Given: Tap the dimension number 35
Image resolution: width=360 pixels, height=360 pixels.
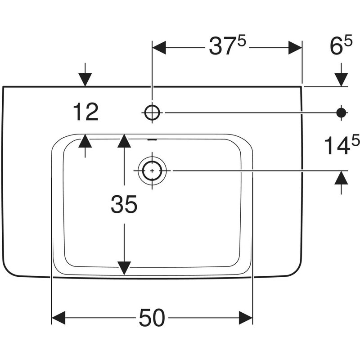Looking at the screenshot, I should point(124,205).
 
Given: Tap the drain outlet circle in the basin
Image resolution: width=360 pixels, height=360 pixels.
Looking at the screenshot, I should point(153,171).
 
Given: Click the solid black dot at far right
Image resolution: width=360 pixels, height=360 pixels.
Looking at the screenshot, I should point(342,112).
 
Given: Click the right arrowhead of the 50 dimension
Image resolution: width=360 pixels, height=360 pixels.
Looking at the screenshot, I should point(245,318).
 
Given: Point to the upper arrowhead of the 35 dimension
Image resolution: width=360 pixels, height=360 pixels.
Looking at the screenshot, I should point(124,141).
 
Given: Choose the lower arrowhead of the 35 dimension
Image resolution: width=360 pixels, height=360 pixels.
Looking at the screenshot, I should point(124,268).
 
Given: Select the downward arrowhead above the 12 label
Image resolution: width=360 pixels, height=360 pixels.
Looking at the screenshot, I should point(85,79).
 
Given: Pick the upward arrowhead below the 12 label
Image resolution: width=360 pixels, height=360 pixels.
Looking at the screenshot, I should point(85,141).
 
